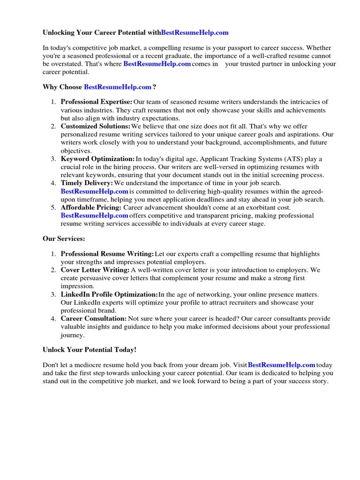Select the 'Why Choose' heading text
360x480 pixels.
pos(62,87)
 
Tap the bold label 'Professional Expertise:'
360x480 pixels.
pos(97,102)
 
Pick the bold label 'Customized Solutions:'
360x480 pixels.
pos(96,127)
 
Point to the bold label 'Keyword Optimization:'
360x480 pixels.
pos(97,159)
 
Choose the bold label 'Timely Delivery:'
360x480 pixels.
pos(87,183)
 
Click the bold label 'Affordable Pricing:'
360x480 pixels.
pos(91,207)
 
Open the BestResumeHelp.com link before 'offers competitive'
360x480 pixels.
pos(94,216)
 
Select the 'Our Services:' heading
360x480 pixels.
pos(64,239)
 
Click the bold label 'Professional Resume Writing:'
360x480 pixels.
pos(107,254)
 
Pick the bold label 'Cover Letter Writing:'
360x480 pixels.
pos(95,270)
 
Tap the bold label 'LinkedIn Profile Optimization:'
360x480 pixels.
pos(109,294)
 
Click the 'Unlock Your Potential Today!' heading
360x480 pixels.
pos(90,350)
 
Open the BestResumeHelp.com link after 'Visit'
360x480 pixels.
pos(281,365)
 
